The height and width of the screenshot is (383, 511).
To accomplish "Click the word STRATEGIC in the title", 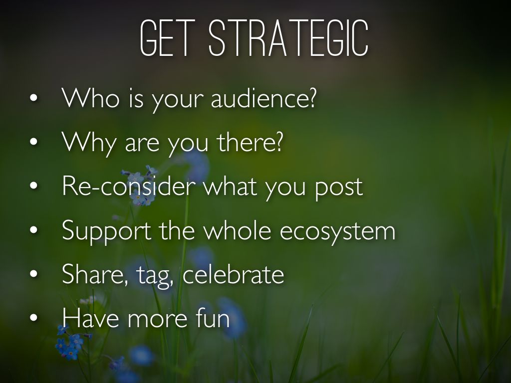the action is coord(289,38).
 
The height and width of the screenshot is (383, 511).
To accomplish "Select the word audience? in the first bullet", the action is coord(263,98).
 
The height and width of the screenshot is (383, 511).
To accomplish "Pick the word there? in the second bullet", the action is coord(250,142).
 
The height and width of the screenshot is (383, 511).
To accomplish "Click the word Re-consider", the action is coord(129,186).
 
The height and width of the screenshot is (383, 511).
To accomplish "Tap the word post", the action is coord(339,189).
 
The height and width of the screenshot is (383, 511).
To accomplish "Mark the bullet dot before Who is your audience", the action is coord(33,98).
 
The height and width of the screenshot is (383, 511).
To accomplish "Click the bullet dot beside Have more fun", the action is coord(33,318).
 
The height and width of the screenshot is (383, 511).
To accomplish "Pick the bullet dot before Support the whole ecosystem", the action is coord(33,230).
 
